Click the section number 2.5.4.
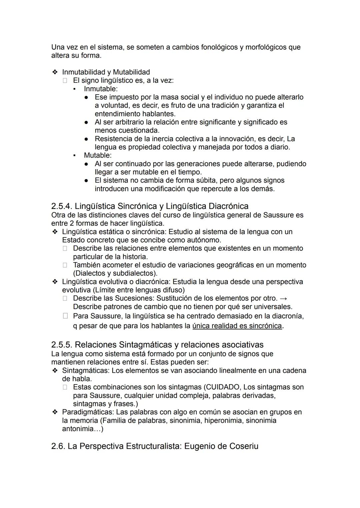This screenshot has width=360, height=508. (61, 206)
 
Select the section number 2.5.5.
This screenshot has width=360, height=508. (61, 345)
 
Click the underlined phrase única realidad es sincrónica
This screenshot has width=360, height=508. (237, 326)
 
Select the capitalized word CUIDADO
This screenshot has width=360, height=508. (223, 387)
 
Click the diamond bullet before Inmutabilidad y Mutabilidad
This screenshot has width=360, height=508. (55, 72)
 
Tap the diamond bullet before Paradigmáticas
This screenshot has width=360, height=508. (55, 412)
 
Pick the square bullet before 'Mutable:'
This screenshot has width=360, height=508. (74, 156)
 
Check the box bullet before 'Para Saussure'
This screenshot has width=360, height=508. (65, 315)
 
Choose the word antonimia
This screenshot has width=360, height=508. (77, 429)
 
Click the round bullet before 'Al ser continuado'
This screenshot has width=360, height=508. (86, 164)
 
